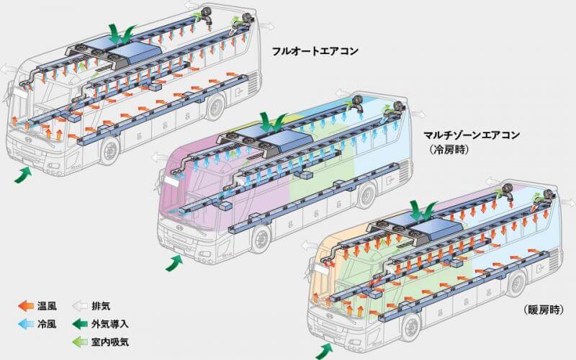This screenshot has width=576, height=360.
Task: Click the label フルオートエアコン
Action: point(315,50)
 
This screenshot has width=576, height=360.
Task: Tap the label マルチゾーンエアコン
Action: point(472,135)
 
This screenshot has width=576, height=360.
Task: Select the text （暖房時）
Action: point(544,310)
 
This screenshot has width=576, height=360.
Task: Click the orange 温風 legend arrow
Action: point(26,306)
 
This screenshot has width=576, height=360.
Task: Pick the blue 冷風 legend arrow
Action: point(26,324)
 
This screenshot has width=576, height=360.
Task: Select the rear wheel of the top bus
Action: point(215,107)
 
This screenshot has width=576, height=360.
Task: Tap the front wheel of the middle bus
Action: point(261,239)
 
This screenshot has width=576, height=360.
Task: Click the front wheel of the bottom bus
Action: point(412,327)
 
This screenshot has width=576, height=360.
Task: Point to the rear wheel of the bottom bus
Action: point(517,284)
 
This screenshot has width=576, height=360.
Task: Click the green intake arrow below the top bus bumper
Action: point(22,174)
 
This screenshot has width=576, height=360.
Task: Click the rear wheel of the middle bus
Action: point(366,195)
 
